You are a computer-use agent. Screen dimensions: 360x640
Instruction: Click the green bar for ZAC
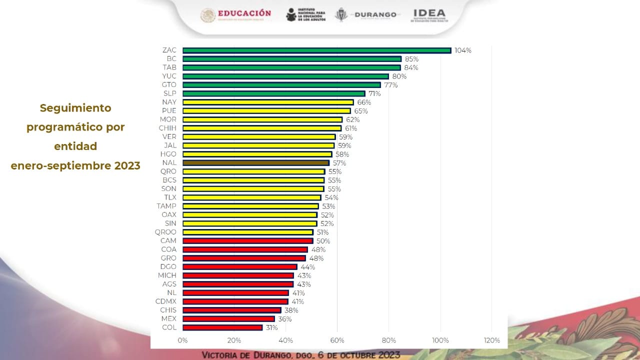point(316,50)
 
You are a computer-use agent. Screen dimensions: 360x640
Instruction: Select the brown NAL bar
point(256,163)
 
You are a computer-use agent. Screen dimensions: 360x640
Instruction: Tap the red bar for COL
point(222,327)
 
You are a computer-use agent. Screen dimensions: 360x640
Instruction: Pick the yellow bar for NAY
point(268,102)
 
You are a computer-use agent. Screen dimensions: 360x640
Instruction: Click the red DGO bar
point(240,267)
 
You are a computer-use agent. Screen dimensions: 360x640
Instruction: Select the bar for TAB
point(291,67)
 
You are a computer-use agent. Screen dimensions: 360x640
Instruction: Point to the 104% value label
point(463,50)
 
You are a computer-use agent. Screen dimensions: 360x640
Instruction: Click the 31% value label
point(271,328)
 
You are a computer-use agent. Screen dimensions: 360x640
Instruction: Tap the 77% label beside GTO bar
point(391,85)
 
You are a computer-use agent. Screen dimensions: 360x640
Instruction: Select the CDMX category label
point(165,301)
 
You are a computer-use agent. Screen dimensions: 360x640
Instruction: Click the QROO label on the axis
point(165,232)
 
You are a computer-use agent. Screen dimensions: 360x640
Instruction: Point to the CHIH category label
point(167,128)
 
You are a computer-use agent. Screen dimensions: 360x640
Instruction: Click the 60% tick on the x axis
point(337,340)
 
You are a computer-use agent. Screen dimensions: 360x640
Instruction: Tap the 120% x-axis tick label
point(491,340)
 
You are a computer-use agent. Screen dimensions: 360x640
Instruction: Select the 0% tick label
point(182,340)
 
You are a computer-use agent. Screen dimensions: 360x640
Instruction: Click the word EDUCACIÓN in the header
point(245,13)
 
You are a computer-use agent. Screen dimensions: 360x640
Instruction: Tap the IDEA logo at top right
point(429,13)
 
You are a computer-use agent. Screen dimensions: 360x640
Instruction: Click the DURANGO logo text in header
point(375,15)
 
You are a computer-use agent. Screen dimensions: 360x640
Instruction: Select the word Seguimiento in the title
point(75,108)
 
